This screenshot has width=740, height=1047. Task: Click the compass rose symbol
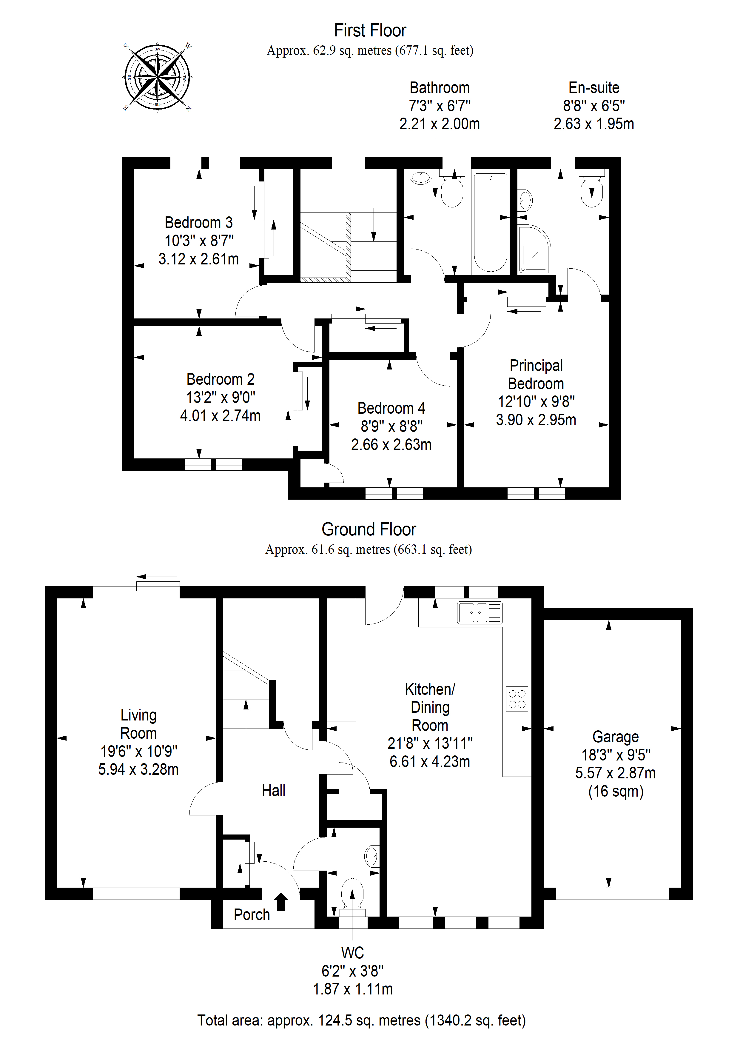pos(157,77)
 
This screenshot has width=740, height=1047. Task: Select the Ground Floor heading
pos(369,529)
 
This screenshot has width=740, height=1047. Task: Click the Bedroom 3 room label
pos(199,223)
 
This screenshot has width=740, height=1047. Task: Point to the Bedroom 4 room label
pos(391,408)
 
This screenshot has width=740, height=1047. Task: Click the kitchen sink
pos(480,612)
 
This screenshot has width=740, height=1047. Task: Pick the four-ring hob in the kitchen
pos(517,699)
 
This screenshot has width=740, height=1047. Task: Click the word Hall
pos(274,790)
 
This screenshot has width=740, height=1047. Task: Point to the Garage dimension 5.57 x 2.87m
pos(616,773)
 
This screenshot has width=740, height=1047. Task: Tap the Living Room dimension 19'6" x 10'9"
pos(139,751)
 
